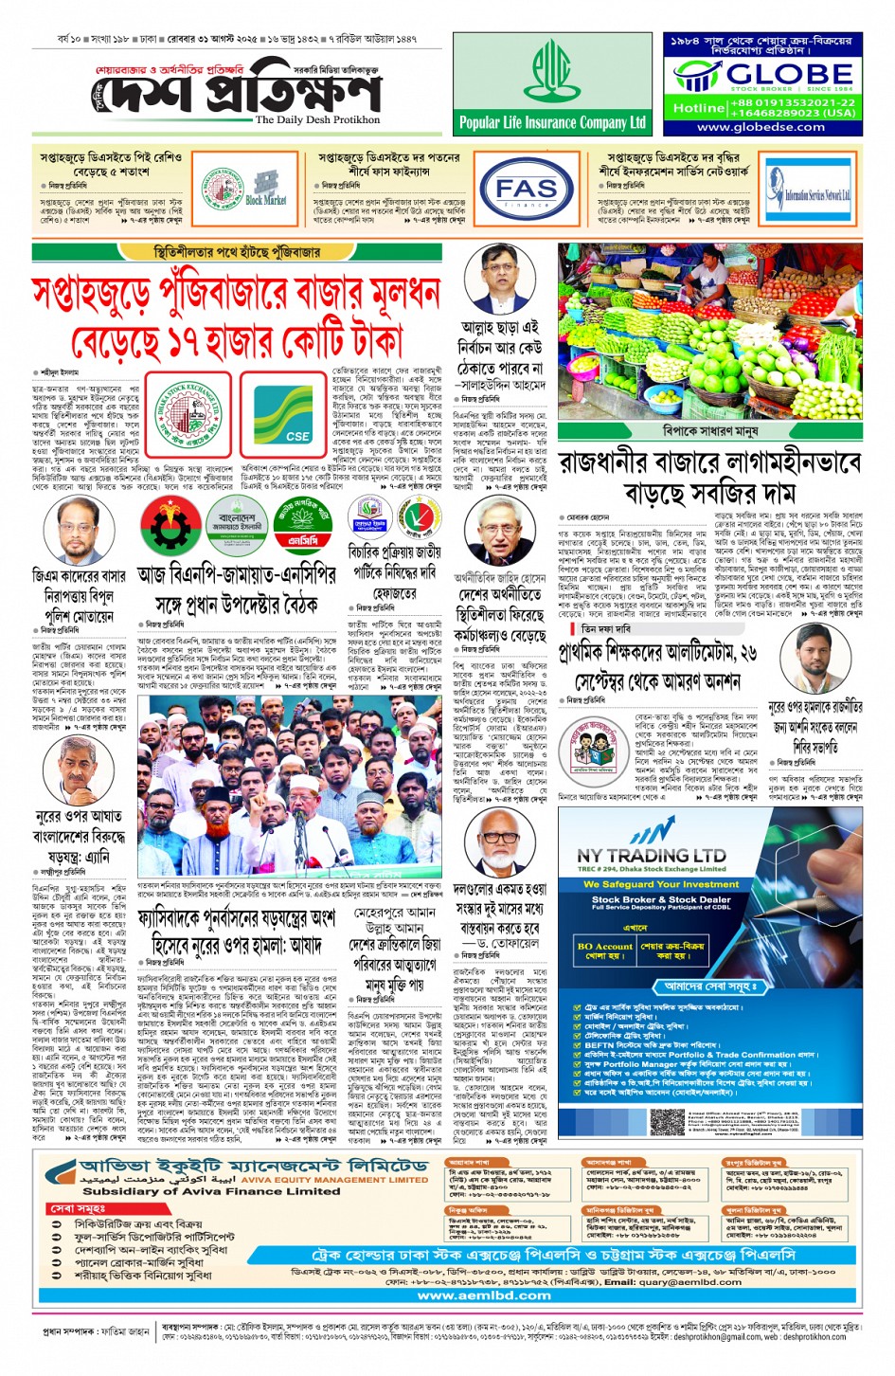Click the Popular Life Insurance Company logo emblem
coord(552,73)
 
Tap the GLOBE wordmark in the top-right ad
coord(789,74)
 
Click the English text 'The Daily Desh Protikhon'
coord(317,120)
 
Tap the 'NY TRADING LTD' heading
coord(652,855)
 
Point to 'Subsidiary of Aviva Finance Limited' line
coord(188,1191)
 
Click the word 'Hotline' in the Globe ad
coord(698,108)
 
